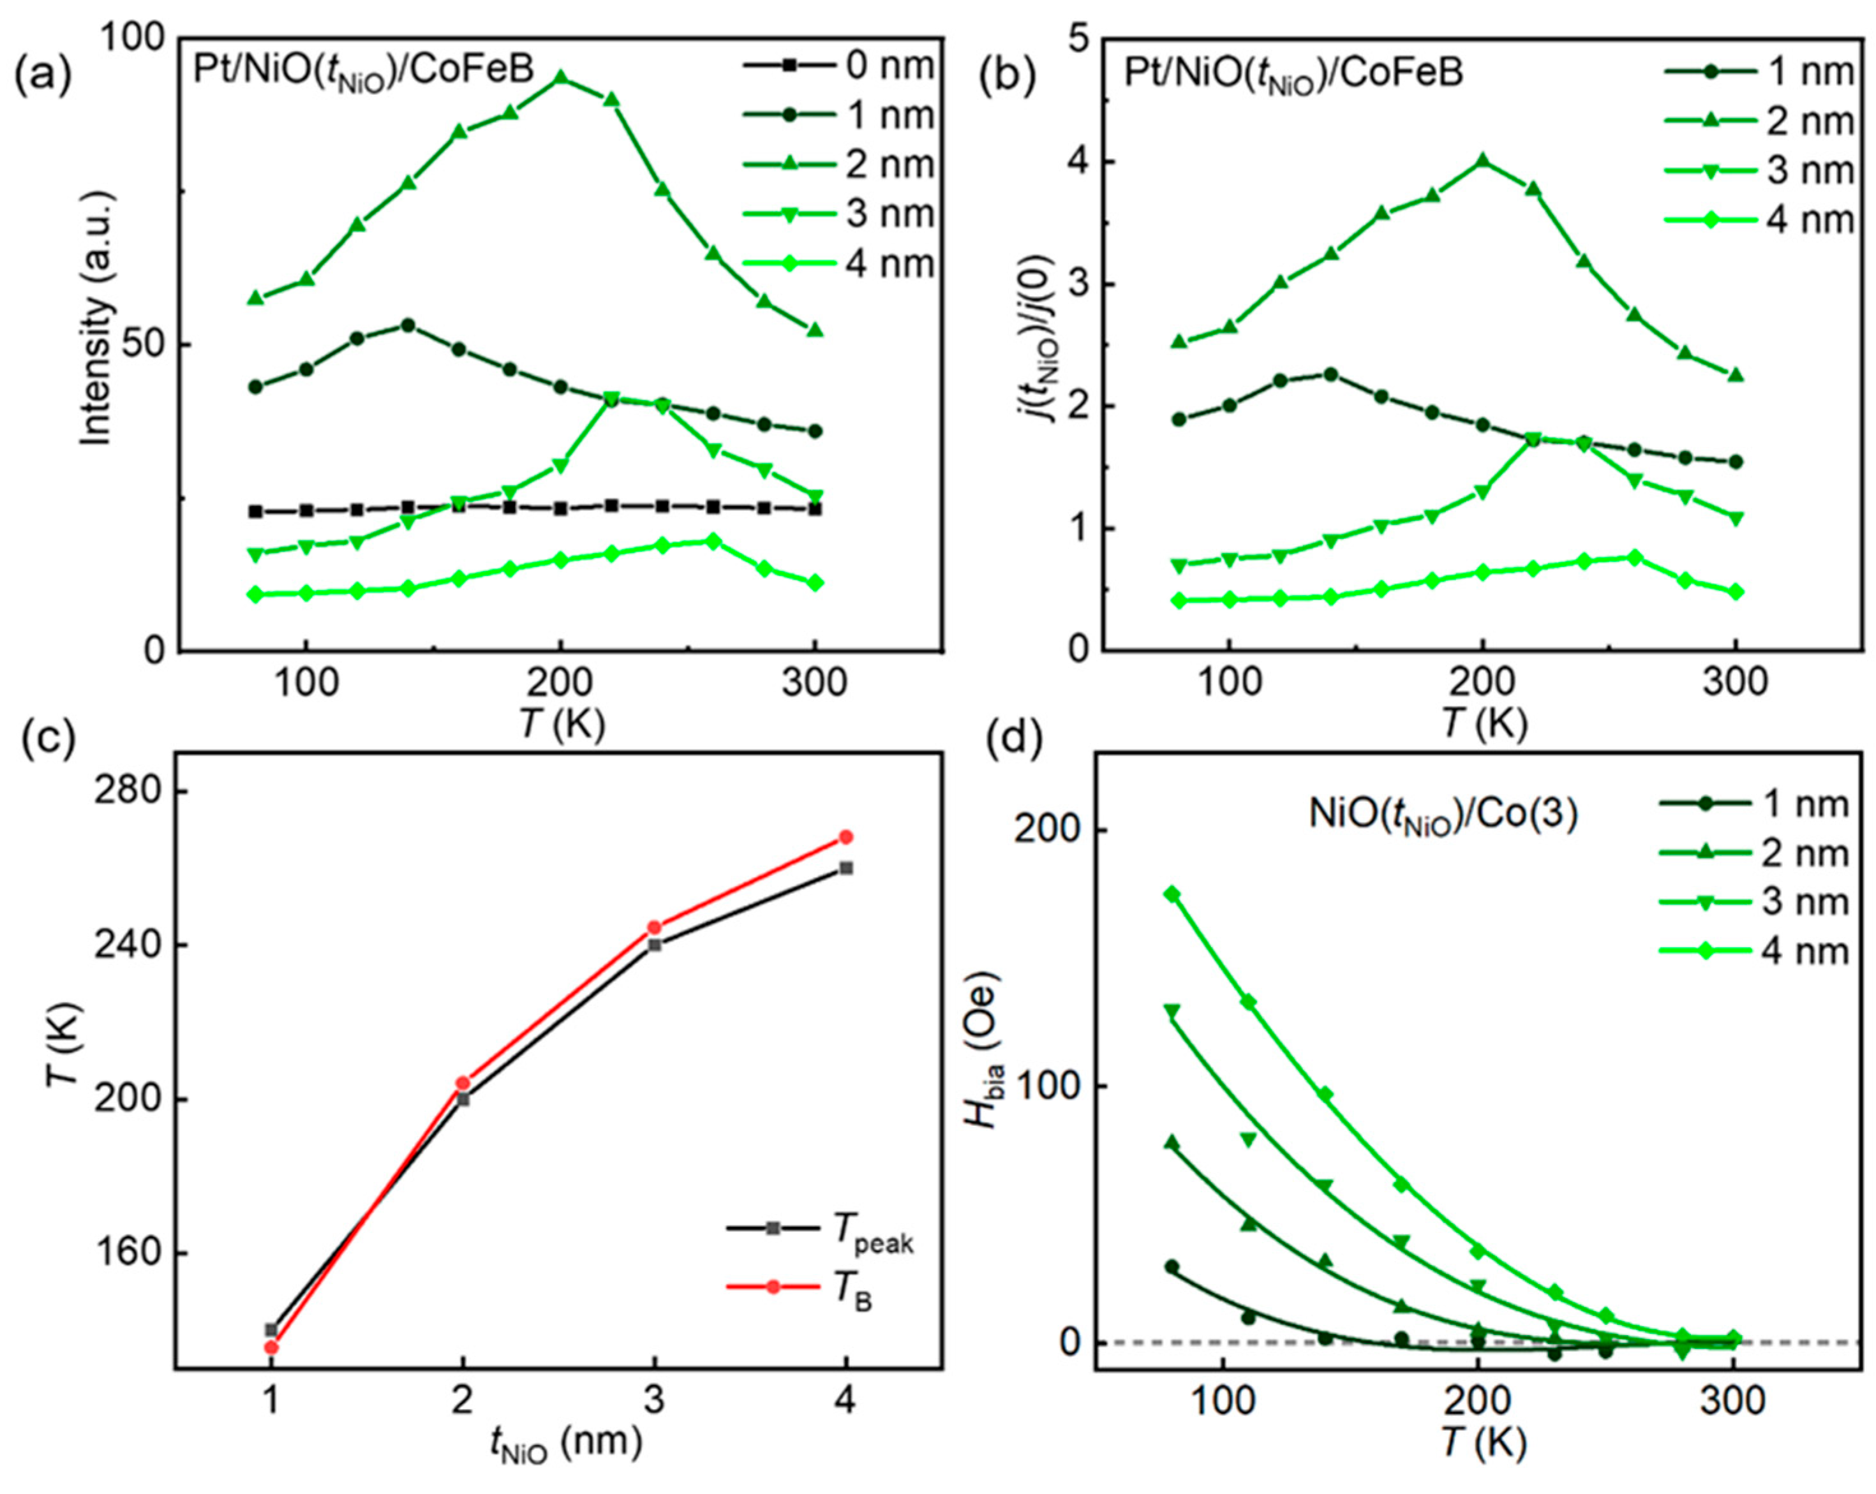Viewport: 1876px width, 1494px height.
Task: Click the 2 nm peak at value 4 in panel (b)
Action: tap(1482, 161)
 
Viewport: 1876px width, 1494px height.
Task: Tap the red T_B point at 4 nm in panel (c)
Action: tap(845, 837)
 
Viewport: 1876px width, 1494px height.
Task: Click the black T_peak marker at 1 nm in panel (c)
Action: tap(271, 1329)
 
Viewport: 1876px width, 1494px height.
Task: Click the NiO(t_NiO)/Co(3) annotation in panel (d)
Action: tap(1443, 815)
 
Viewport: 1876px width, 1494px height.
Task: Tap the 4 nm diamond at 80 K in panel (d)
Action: tap(1172, 894)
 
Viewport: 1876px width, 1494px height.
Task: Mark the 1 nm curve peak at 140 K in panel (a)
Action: tap(407, 325)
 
